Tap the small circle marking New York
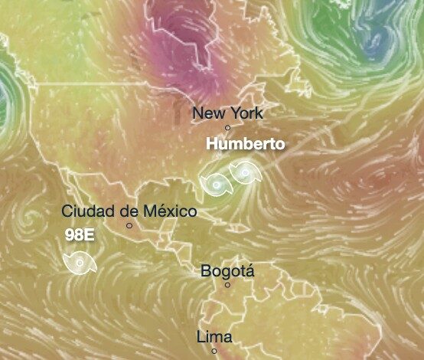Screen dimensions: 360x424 coord(227,127)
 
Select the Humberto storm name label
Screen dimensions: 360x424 coord(246,144)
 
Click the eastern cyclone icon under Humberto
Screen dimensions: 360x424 coord(245,174)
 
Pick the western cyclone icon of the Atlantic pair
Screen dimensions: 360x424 coord(217,185)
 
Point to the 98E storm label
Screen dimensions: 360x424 coord(80,235)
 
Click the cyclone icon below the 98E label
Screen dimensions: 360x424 coord(80,264)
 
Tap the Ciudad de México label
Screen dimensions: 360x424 coord(129,211)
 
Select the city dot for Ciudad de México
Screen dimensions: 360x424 coord(129,225)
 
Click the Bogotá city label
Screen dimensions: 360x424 coord(227,271)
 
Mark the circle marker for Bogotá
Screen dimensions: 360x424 coord(227,285)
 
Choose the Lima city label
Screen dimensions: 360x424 coord(214,337)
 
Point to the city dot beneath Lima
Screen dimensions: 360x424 coord(214,351)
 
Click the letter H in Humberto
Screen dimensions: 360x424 coord(214,144)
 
